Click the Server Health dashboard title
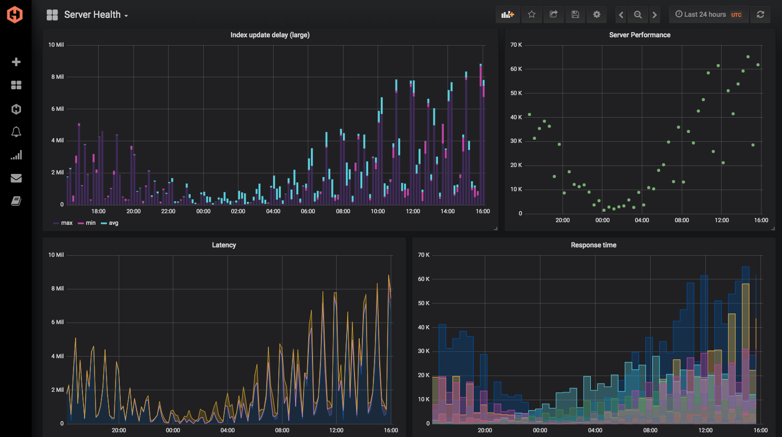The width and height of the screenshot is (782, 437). click(x=92, y=15)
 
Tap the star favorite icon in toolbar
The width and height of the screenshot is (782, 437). click(x=531, y=15)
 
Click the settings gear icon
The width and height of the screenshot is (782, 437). click(x=597, y=15)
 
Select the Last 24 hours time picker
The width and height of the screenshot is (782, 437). click(x=708, y=15)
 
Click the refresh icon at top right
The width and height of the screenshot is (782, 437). click(x=760, y=15)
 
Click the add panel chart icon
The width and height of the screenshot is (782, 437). click(x=507, y=15)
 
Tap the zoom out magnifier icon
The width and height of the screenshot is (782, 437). click(x=638, y=15)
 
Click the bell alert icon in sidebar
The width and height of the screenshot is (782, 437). click(x=16, y=132)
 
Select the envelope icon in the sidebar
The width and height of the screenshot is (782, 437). click(x=16, y=178)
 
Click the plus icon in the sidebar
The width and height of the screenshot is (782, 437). click(x=16, y=62)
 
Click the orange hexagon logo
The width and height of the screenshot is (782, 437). click(x=15, y=14)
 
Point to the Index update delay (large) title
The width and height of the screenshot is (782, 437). click(x=270, y=35)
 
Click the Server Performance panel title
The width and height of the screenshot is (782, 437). click(x=640, y=35)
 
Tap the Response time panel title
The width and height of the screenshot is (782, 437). click(x=593, y=245)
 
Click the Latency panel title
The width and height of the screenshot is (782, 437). click(x=224, y=245)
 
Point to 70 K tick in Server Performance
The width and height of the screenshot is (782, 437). click(x=516, y=45)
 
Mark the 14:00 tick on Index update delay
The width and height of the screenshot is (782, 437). click(x=447, y=212)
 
